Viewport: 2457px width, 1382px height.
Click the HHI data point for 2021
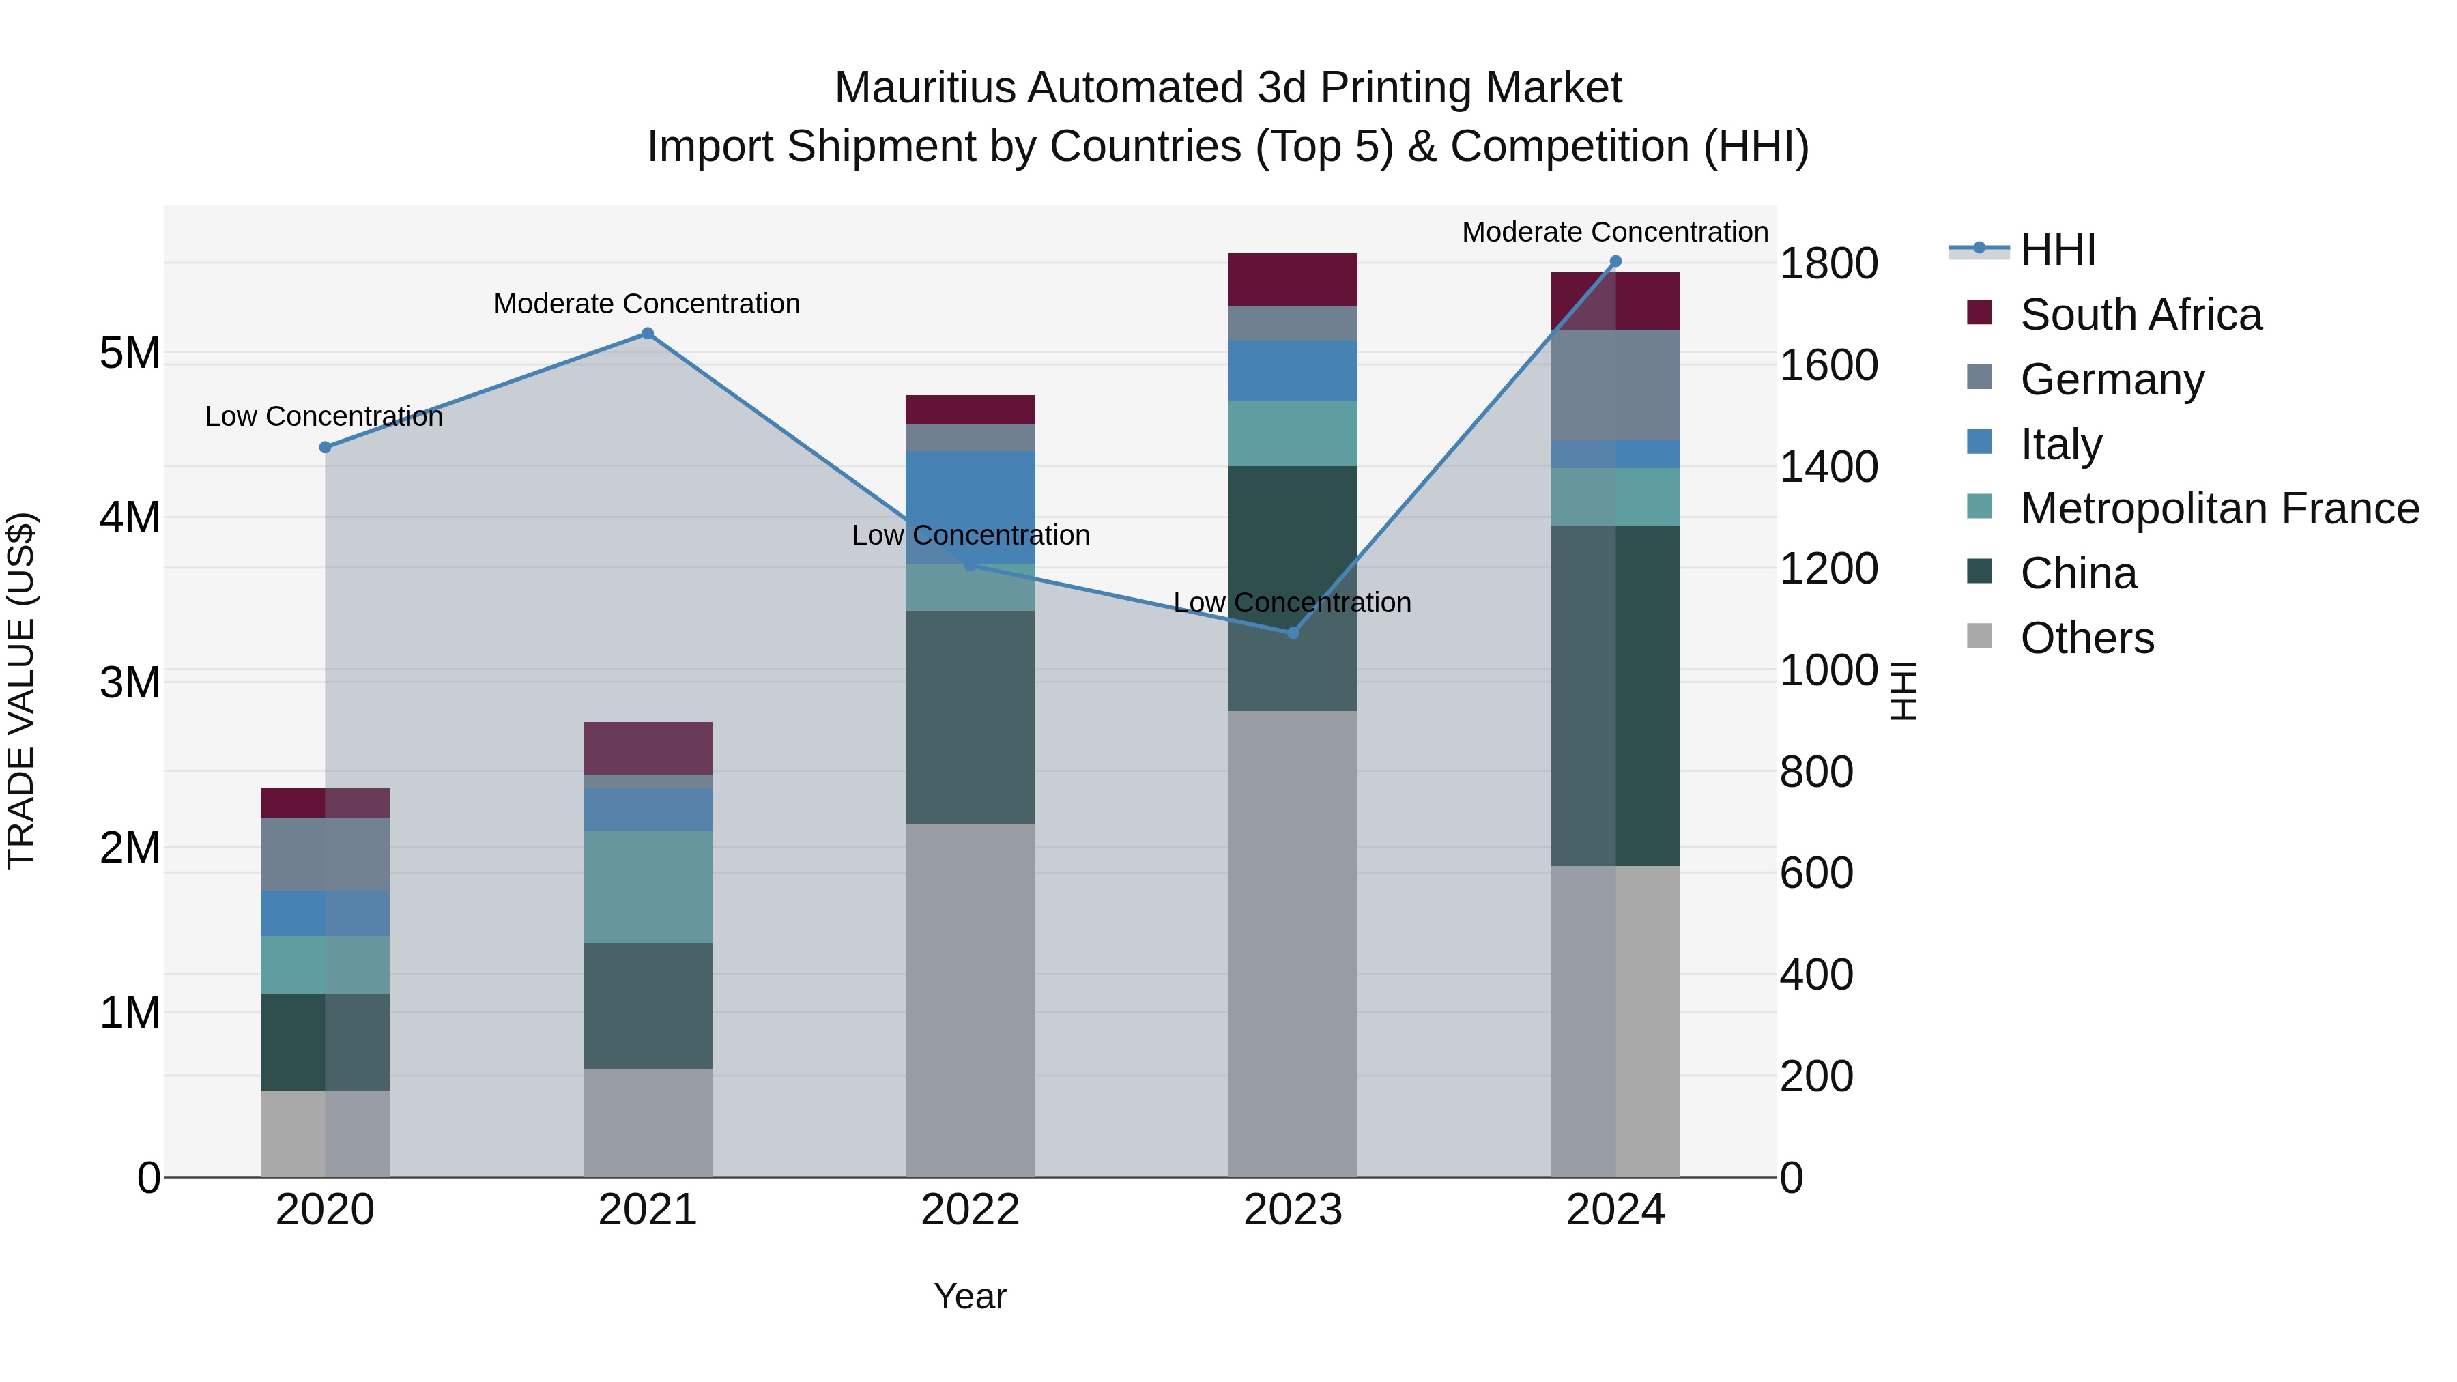click(x=648, y=334)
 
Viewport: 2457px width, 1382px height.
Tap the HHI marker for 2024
click(x=1615, y=261)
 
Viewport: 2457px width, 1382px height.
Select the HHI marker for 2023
click(x=1293, y=633)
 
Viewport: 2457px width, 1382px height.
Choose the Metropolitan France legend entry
click(x=2219, y=508)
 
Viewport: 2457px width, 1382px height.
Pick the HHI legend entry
click(x=2057, y=250)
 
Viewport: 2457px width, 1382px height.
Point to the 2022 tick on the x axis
click(x=970, y=1210)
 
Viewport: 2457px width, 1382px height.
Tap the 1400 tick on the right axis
click(x=1828, y=467)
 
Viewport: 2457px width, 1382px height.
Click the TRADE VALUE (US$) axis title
click(x=21, y=691)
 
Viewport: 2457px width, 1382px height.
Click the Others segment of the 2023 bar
click(x=1293, y=945)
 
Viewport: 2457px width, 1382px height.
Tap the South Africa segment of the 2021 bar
click(x=648, y=748)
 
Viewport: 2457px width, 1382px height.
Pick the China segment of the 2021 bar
click(x=648, y=1005)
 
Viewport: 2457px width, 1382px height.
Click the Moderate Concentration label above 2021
click(x=647, y=304)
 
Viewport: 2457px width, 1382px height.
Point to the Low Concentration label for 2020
click(x=324, y=417)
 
